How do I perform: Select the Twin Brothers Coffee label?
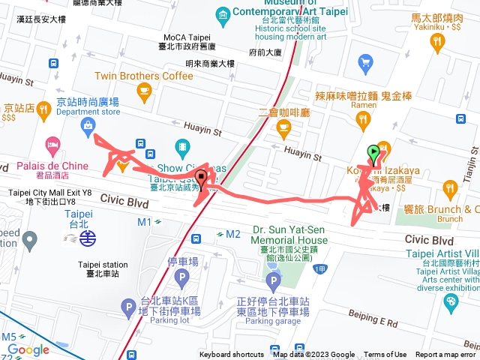tap(144, 76)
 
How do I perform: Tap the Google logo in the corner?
tap(29, 349)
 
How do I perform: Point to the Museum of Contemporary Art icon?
tap(223, 15)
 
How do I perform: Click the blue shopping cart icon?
tap(366, 62)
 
